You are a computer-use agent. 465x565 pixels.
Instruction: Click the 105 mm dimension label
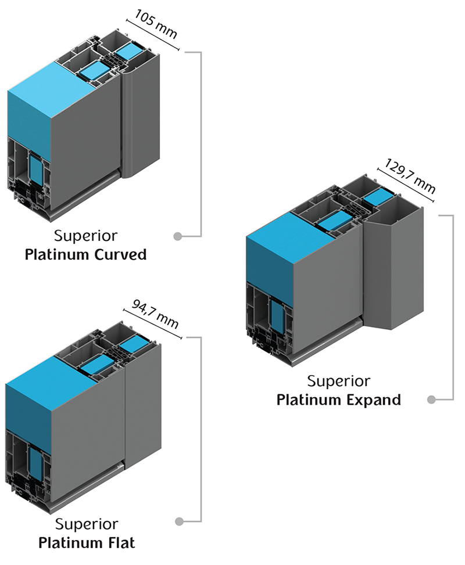[x=156, y=24]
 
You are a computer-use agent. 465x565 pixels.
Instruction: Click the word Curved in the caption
[x=120, y=254]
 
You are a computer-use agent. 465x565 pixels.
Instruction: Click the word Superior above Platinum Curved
[x=85, y=236]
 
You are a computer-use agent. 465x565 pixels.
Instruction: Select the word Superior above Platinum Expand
[x=338, y=381]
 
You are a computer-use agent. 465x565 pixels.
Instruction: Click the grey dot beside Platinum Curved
[x=178, y=236]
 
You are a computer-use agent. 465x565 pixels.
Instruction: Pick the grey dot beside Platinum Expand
[x=431, y=400]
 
